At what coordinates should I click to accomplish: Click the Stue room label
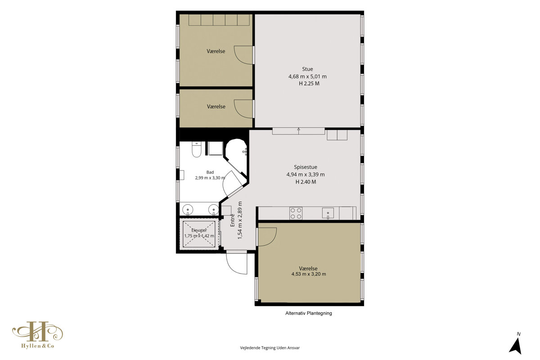[307, 69]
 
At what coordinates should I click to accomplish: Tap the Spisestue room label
[306, 167]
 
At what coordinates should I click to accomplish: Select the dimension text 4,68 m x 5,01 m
[307, 76]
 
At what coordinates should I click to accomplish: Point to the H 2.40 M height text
[306, 182]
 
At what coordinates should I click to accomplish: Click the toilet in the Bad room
[197, 149]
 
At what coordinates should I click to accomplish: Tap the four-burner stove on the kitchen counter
[296, 213]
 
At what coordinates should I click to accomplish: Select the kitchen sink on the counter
[328, 213]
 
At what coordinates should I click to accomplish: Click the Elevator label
[199, 230]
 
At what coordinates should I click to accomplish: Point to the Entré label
[232, 220]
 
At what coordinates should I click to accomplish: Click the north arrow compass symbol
[516, 346]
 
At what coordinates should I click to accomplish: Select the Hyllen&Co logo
[38, 335]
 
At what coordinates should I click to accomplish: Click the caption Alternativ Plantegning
[309, 313]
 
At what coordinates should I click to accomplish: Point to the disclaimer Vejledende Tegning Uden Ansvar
[270, 348]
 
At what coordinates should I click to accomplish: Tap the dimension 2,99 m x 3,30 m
[210, 178]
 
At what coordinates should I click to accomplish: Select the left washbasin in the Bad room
[188, 209]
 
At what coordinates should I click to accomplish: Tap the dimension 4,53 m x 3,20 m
[309, 274]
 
